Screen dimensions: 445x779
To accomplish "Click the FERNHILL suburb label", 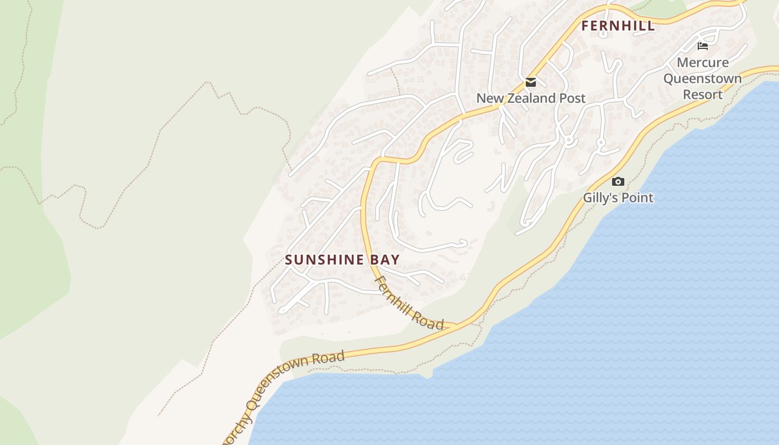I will pos(618,26).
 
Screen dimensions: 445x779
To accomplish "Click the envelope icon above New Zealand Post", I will pos(531,83).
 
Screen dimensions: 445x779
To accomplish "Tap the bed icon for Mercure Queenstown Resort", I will pos(703,46).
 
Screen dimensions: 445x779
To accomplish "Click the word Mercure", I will pos(703,62).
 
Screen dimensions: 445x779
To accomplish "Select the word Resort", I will pos(703,95).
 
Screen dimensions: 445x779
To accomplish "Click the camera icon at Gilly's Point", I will pos(618,181).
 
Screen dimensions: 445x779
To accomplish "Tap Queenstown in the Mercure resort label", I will pos(703,78).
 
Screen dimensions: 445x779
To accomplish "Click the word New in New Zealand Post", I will pos(490,98).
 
